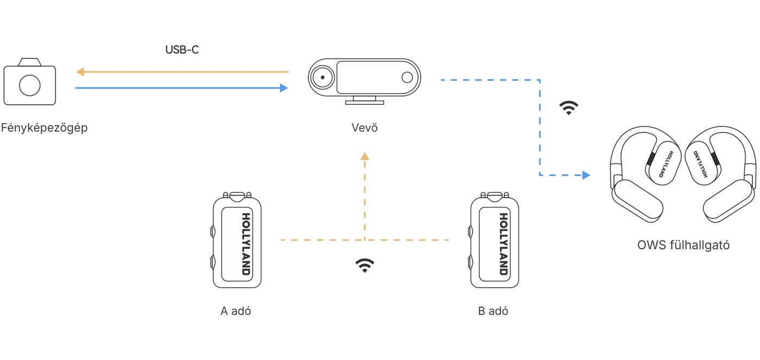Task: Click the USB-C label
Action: (182, 50)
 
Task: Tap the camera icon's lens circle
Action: (30, 85)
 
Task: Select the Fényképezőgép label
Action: (44, 128)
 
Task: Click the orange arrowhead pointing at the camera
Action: (80, 72)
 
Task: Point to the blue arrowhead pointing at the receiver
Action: (283, 88)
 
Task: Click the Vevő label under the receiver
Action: (364, 128)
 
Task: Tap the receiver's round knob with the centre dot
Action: (322, 77)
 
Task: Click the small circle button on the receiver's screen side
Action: (407, 77)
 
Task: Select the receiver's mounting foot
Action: (364, 100)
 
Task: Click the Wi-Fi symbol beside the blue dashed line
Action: (569, 108)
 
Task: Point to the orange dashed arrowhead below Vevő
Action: (365, 156)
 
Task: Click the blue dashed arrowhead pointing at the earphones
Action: (586, 175)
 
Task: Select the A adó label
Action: (236, 311)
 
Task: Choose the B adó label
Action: (493, 311)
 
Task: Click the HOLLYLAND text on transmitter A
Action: (246, 244)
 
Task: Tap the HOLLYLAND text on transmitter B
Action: (504, 244)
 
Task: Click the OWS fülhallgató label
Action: (683, 245)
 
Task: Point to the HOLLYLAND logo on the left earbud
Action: (666, 164)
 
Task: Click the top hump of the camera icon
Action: (30, 62)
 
